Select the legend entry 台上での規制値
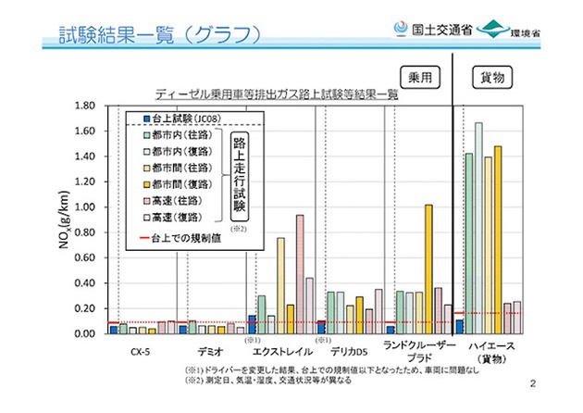[184, 239]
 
